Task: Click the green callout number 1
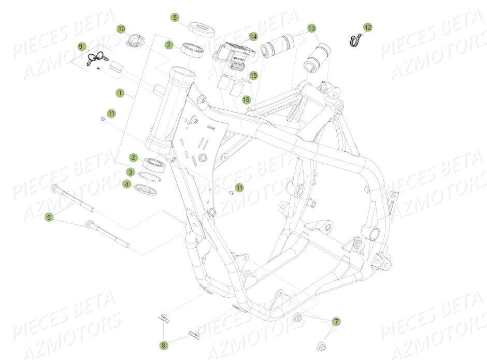(x=120, y=93)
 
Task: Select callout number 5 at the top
(x=175, y=18)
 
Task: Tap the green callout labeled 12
(x=367, y=26)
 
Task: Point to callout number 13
(x=311, y=27)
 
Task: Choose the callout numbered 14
(x=253, y=36)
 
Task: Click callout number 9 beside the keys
(x=81, y=46)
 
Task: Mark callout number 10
(x=121, y=28)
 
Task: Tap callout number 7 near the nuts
(x=336, y=322)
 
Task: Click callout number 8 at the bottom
(x=164, y=344)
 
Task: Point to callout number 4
(x=126, y=183)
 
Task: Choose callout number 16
(x=246, y=99)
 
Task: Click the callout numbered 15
(x=253, y=75)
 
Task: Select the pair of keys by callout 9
(x=96, y=60)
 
